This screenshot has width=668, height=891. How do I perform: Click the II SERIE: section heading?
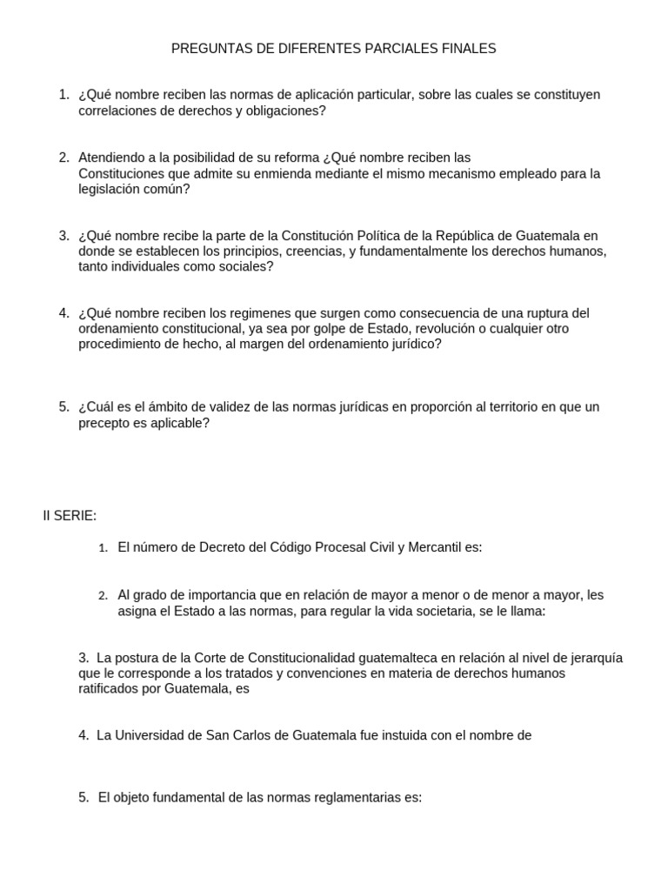70,516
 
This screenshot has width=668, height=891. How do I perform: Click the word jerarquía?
599,657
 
